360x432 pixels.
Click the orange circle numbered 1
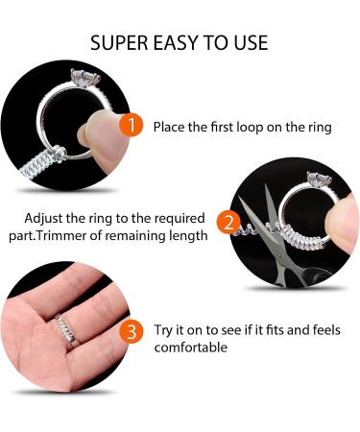pyautogui.click(x=131, y=125)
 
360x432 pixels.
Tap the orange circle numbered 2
pyautogui.click(x=228, y=223)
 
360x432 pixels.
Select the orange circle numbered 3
pyautogui.click(x=132, y=332)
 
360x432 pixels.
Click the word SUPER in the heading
pyautogui.click(x=119, y=43)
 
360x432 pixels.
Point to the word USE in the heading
pyautogui.click(x=252, y=43)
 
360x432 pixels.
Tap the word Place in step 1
pyautogui.click(x=169, y=127)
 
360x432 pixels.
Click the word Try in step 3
pyautogui.click(x=163, y=330)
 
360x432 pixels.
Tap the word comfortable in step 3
pyautogui.click(x=191, y=348)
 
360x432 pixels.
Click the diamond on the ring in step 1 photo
pyautogui.click(x=85, y=77)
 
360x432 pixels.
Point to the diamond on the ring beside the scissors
pyautogui.click(x=319, y=179)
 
